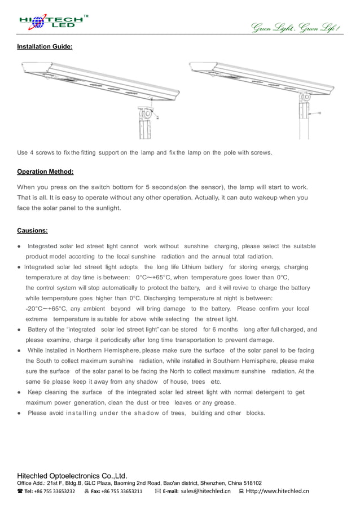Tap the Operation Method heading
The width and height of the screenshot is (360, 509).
45,172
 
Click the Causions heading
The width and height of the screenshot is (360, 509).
32,230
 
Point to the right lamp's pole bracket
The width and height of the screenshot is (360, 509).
305,108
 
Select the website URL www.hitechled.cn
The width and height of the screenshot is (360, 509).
277,491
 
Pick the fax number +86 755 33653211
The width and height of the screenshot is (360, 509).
121,491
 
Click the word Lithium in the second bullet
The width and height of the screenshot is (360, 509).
191,267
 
